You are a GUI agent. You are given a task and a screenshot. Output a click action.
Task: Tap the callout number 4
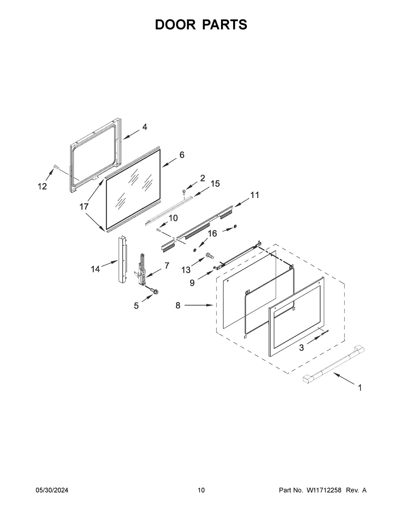[144, 127]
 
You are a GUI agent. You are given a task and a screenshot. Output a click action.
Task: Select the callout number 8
[178, 305]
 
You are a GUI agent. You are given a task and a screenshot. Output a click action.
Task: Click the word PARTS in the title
[225, 24]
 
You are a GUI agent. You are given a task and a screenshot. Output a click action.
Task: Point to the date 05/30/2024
[52, 490]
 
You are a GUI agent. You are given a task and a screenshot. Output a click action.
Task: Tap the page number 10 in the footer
[201, 490]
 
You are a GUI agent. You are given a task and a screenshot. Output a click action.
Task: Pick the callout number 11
[255, 195]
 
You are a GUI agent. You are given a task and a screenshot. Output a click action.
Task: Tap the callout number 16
[213, 233]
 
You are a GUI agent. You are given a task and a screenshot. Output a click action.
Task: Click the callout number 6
[182, 155]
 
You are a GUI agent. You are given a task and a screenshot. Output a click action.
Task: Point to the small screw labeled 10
[159, 230]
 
